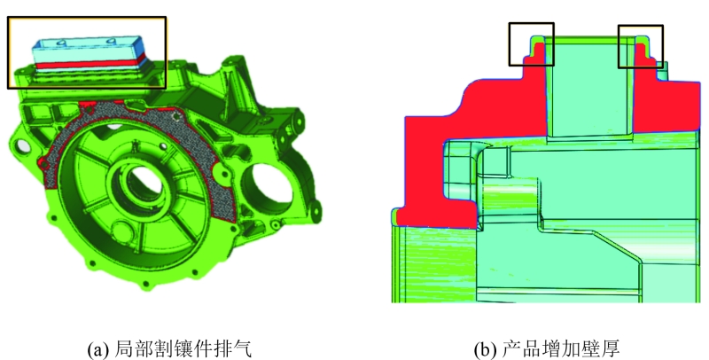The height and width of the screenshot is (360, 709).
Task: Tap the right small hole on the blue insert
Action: pos(112,42)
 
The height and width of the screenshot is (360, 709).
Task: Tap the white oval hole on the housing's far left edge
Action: pos(20,146)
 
